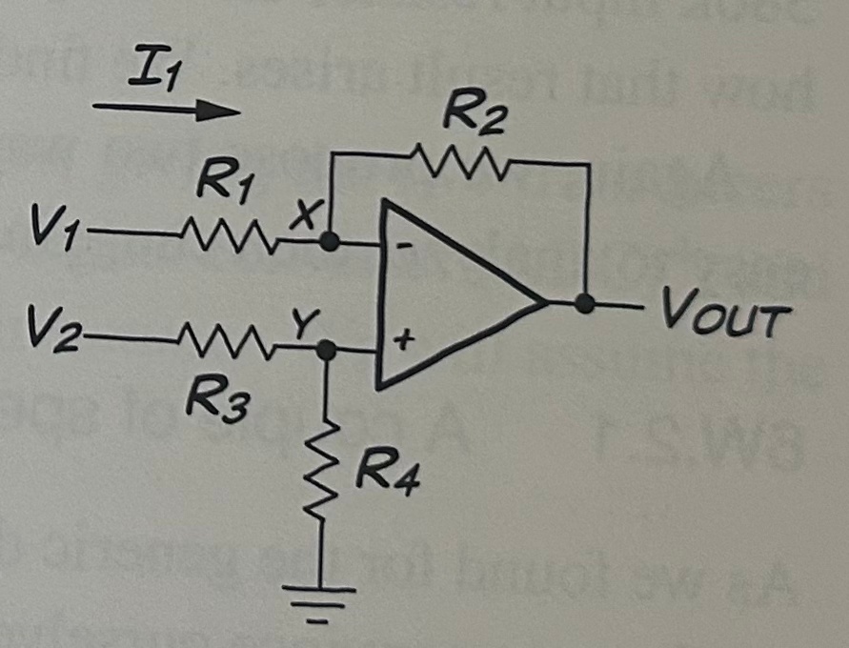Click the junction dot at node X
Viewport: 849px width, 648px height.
pos(329,243)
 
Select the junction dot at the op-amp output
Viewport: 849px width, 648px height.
pos(585,305)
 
